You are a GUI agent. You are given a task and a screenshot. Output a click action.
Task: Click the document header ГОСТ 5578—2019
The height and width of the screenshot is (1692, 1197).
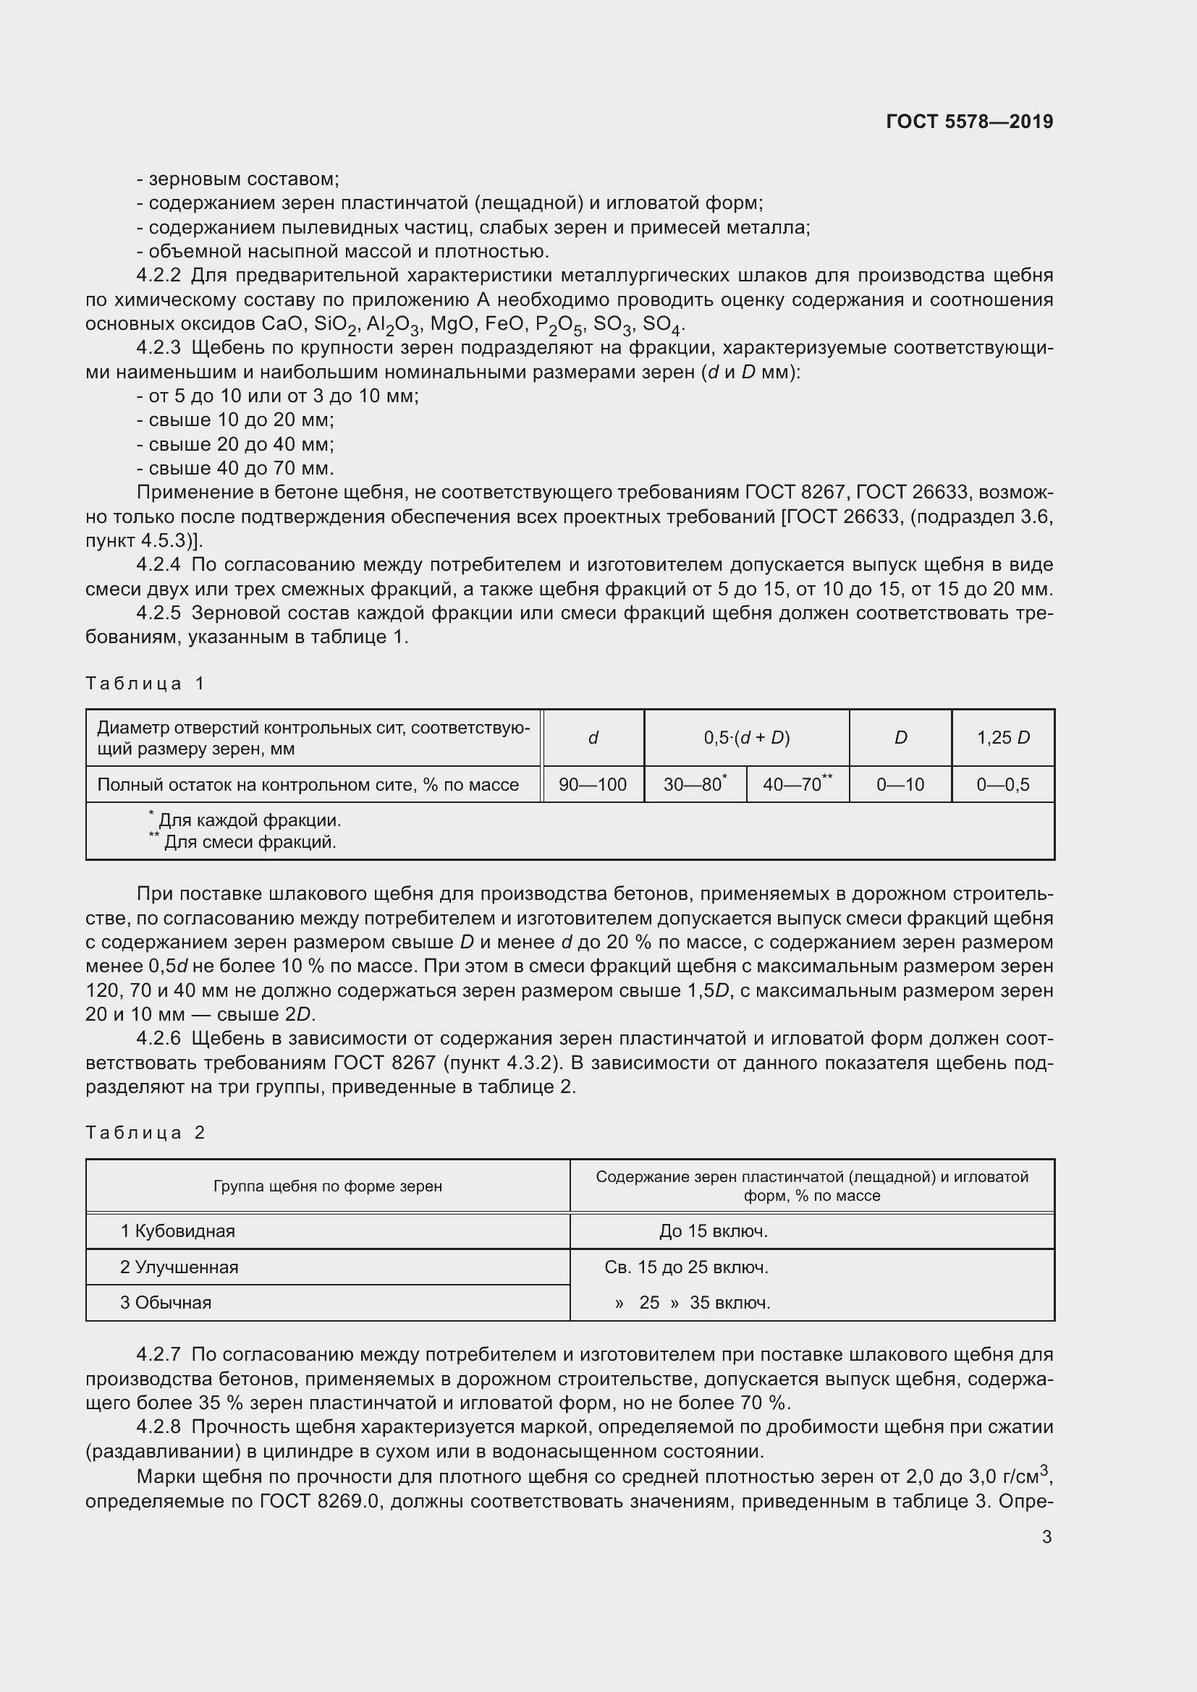pyautogui.click(x=969, y=122)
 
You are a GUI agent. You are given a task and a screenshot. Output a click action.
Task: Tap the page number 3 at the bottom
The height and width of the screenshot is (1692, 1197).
pyautogui.click(x=1046, y=1536)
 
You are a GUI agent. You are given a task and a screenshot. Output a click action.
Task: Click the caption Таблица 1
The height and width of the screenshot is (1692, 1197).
pyautogui.click(x=145, y=683)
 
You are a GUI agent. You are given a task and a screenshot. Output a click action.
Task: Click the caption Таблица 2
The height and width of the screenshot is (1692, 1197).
pyautogui.click(x=145, y=1133)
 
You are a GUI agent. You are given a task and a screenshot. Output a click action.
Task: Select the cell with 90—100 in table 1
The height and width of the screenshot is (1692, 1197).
pyautogui.click(x=593, y=785)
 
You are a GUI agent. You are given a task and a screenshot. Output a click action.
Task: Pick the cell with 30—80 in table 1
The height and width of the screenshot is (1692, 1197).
pyautogui.click(x=694, y=785)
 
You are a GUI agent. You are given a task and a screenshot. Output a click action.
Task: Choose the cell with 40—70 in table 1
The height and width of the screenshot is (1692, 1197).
pyautogui.click(x=797, y=785)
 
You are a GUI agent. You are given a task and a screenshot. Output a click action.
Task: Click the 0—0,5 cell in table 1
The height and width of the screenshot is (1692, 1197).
pyautogui.click(x=1002, y=785)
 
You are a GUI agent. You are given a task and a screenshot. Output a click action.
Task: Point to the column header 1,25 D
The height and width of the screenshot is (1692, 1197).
pyautogui.click(x=1002, y=738)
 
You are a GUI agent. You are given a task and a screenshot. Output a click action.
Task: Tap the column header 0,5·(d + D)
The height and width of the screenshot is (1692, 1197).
pyautogui.click(x=746, y=738)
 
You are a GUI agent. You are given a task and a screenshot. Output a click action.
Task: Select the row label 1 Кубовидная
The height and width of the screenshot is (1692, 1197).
pyautogui.click(x=177, y=1231)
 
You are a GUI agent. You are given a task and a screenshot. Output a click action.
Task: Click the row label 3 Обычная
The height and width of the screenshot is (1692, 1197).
pyautogui.click(x=166, y=1303)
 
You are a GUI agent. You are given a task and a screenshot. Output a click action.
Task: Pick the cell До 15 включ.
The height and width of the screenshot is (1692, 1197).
pyautogui.click(x=713, y=1231)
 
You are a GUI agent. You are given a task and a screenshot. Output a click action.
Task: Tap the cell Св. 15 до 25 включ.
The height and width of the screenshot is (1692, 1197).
pyautogui.click(x=686, y=1267)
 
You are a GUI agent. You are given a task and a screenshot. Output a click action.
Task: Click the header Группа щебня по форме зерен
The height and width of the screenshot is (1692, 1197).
pyautogui.click(x=327, y=1186)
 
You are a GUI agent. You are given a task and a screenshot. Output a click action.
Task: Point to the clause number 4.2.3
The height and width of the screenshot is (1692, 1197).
pyautogui.click(x=158, y=348)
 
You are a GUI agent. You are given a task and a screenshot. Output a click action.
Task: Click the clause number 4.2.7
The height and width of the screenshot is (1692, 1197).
pyautogui.click(x=158, y=1354)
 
